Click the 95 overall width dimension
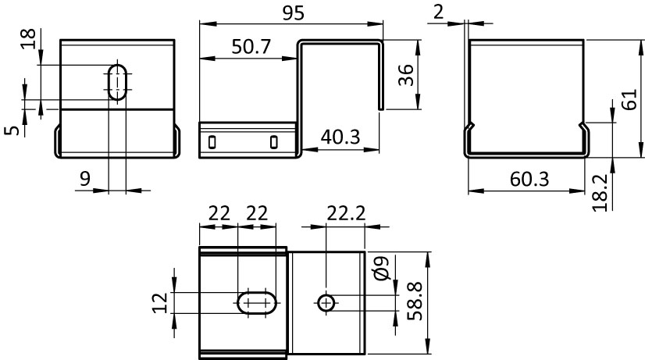point(294,13)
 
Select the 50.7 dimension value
point(251,47)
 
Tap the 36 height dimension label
point(406,75)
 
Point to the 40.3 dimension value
point(340,137)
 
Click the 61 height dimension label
point(629,99)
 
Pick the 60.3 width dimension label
point(529,180)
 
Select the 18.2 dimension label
point(600,193)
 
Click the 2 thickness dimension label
point(439,12)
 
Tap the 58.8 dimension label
point(415,301)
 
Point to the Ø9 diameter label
point(383,269)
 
